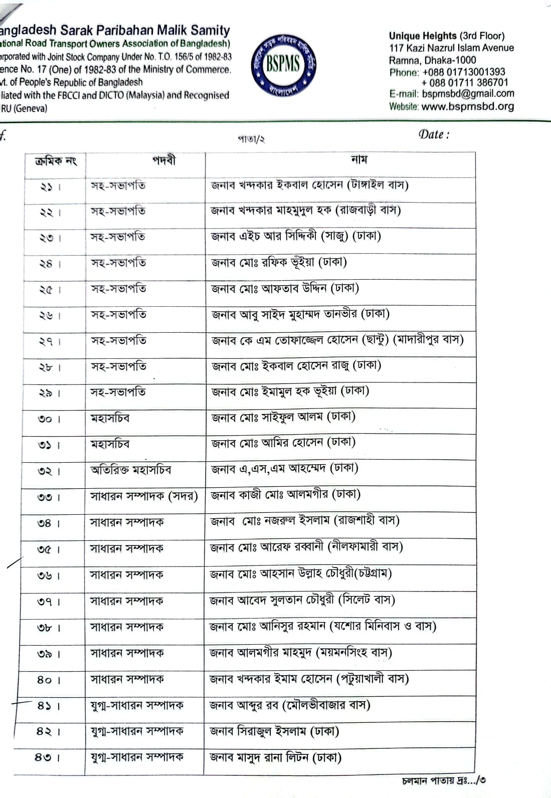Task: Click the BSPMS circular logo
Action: tap(283, 64)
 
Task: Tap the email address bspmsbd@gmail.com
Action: tap(468, 94)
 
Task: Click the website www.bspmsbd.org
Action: tap(467, 106)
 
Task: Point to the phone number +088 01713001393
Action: tap(464, 72)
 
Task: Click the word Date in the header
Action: tap(432, 134)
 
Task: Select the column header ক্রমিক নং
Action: tap(56, 161)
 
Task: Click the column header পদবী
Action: tap(164, 160)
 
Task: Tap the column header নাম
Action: tap(359, 160)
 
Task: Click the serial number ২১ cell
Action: tap(51, 187)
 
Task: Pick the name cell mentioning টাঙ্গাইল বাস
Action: tap(309, 185)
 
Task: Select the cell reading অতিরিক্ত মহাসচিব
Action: tap(131, 470)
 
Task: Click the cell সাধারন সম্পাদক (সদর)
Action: tap(144, 496)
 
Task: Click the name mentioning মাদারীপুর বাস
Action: tap(337, 340)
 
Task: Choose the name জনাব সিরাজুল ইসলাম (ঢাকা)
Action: tap(274, 731)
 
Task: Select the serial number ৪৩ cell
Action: tap(48, 757)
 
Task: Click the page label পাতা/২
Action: tap(251, 139)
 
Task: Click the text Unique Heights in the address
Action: tap(423, 36)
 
